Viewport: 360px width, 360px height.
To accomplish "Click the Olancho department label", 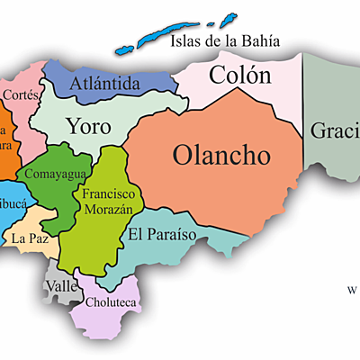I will (x=221, y=155).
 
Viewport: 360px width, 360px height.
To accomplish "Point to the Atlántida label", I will (x=105, y=84).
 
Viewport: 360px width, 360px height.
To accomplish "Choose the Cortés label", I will (x=20, y=93).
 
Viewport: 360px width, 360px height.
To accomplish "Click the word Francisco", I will (x=109, y=193).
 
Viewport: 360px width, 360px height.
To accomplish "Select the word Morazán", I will (x=109, y=209).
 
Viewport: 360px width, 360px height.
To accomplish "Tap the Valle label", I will (x=60, y=285).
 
